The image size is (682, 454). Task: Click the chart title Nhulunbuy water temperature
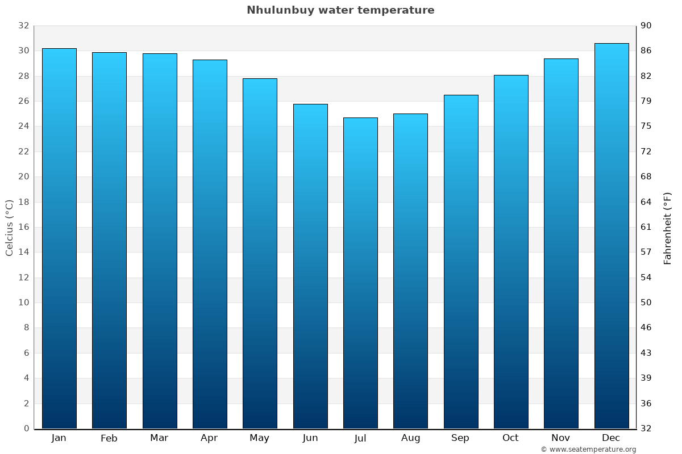point(340,10)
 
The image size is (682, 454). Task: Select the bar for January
point(59,238)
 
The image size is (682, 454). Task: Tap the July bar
point(360,273)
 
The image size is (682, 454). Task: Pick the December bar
point(612,236)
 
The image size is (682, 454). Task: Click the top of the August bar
point(410,115)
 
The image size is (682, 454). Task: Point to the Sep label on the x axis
point(460,438)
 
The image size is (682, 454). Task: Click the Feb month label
point(109,438)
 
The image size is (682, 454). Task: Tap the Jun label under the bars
point(310,438)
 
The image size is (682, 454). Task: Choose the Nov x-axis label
point(561,438)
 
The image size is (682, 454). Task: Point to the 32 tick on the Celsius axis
point(23,26)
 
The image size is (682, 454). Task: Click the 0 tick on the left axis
point(26,428)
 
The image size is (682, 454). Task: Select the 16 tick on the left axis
point(23,227)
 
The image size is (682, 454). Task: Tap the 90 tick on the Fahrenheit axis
point(646,26)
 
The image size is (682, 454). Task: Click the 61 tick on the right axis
point(646,227)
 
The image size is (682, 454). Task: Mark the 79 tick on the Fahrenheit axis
point(646,101)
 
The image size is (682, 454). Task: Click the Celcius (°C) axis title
point(10,227)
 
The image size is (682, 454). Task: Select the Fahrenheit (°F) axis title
point(667,228)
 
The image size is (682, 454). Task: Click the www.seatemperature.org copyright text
point(588,449)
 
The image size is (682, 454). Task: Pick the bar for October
point(511,252)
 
